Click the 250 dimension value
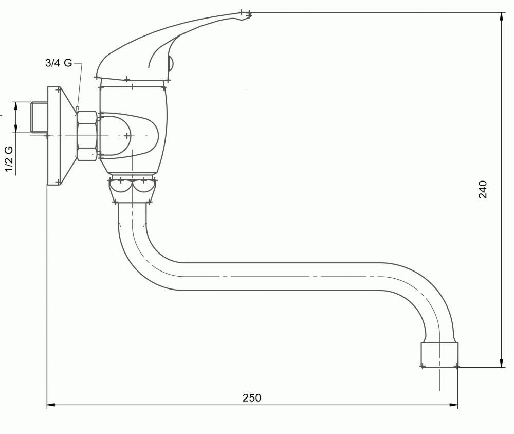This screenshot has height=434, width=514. (x=252, y=397)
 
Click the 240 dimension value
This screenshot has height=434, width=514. (x=483, y=189)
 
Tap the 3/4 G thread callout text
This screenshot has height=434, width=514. (x=59, y=62)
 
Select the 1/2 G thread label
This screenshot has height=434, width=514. (x=9, y=159)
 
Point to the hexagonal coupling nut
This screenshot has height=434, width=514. (x=87, y=136)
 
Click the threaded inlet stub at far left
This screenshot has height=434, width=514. (x=39, y=117)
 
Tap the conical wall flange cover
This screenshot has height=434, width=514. (x=62, y=136)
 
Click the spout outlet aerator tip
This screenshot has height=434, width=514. (x=439, y=355)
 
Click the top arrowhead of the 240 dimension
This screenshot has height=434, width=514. (x=502, y=17)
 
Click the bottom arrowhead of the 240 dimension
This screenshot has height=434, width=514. (x=502, y=363)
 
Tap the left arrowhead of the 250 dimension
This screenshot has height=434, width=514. (x=52, y=405)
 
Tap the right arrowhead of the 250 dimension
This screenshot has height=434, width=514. (x=453, y=405)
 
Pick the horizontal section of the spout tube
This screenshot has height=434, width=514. (x=282, y=277)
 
